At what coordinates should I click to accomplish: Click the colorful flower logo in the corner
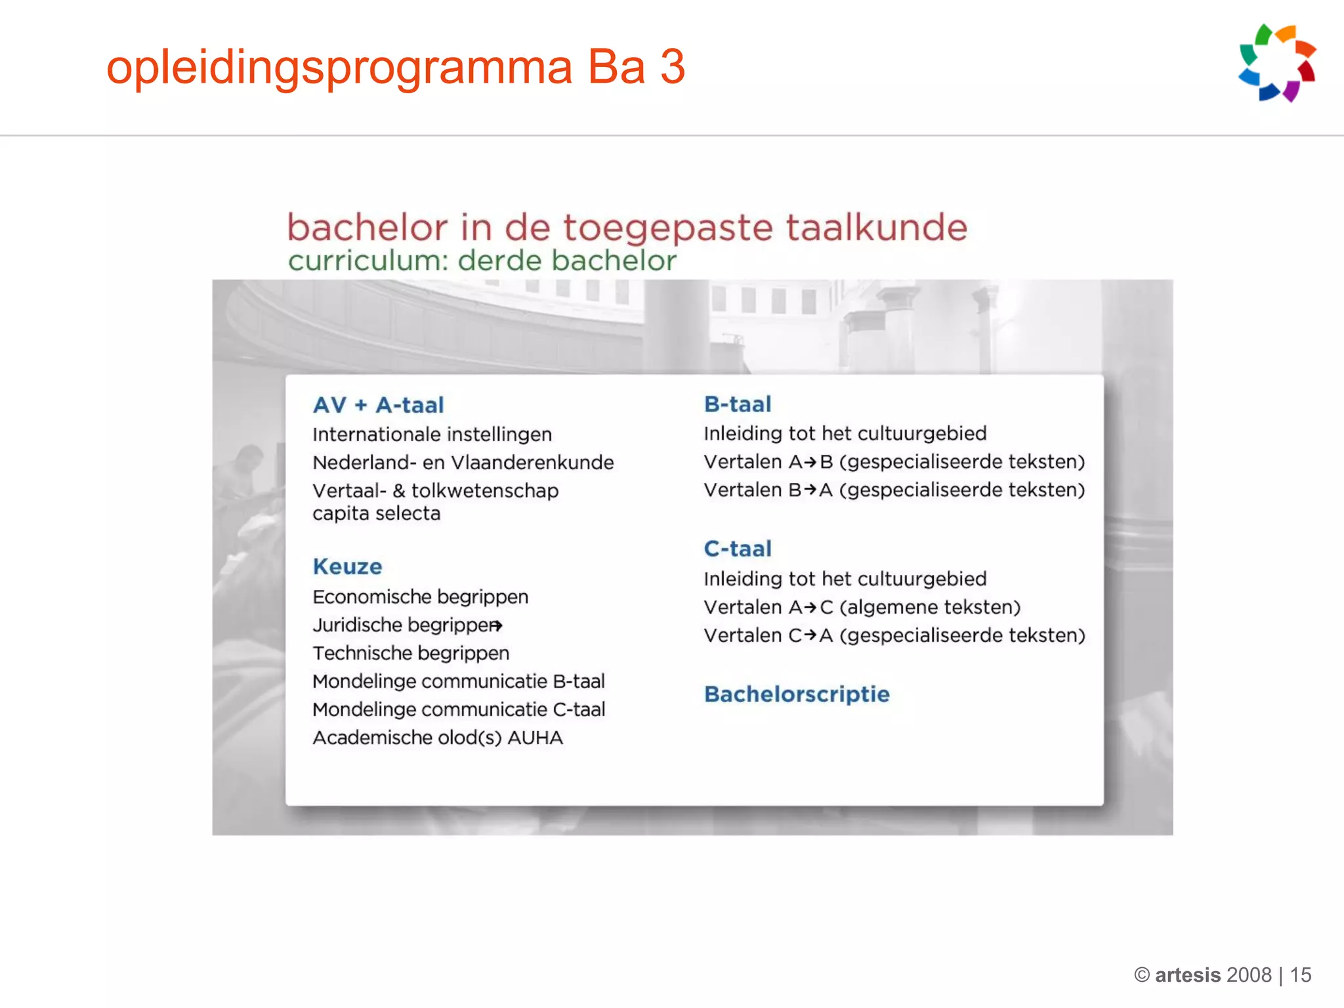[1277, 63]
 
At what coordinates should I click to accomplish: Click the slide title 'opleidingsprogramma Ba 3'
[396, 67]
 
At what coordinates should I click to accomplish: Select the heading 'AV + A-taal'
[379, 405]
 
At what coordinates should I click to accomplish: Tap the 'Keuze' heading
[347, 566]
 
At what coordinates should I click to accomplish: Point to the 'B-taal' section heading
[738, 404]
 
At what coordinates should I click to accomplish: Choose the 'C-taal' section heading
[738, 549]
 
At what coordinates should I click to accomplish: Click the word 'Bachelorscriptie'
[797, 694]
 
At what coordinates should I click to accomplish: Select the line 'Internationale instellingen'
[432, 434]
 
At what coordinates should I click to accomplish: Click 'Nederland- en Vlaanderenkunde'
[463, 463]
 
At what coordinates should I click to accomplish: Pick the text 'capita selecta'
[376, 513]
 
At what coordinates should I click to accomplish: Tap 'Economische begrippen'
[420, 597]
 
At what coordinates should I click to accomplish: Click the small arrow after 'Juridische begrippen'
[497, 626]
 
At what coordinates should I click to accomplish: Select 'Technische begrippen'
[411, 654]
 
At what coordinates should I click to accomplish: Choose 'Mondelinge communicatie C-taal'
[459, 710]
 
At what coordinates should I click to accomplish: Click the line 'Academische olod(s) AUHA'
[438, 738]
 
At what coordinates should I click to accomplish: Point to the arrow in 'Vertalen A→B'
[810, 463]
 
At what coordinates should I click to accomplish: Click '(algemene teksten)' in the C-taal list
[930, 608]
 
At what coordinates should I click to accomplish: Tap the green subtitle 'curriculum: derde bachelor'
[482, 261]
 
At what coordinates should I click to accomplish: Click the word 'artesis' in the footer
[1187, 975]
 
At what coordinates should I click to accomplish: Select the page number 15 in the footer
[1300, 975]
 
